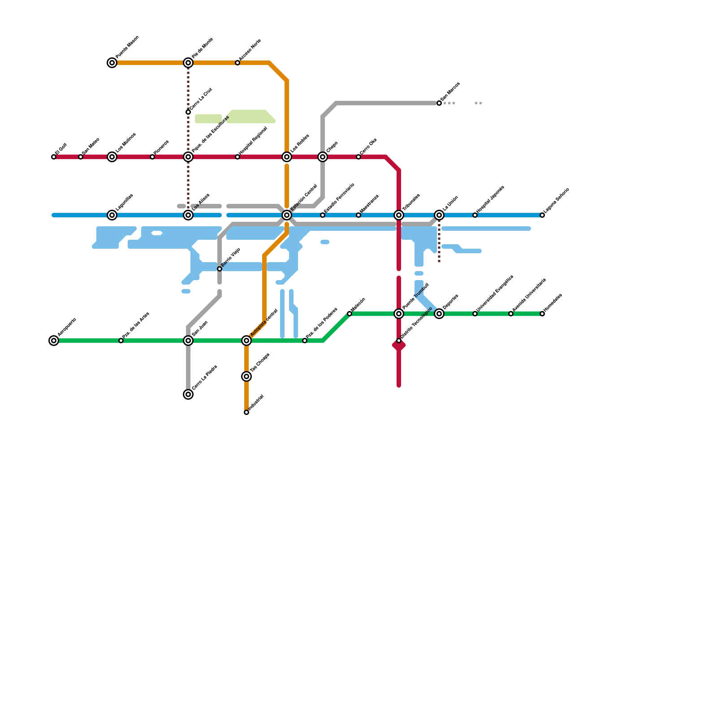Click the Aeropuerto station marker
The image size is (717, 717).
pos(54,341)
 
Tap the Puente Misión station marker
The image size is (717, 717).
pos(112,63)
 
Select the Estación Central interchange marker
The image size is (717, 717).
pos(287,215)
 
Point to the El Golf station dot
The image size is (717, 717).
pos(54,157)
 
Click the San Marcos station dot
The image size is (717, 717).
pos(439,103)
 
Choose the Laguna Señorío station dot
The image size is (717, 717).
pos(542,215)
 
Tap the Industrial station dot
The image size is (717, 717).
pos(246,412)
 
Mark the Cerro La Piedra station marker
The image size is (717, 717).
pos(188,394)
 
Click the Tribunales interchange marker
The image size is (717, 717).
pos(399,215)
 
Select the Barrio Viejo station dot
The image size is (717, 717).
pos(220,269)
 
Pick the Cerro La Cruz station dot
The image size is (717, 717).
pos(188,112)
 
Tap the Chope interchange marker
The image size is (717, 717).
pos(323,157)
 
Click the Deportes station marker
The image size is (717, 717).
pos(439,314)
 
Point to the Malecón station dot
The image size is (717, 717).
pos(350,314)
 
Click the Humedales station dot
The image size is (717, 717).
pos(542,314)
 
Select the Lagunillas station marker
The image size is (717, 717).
pos(112,215)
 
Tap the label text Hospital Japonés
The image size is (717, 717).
pos(490,199)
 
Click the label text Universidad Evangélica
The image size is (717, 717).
pos(495,293)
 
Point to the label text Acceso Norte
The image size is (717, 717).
pos(250,51)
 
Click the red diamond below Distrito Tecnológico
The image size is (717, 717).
pos(399,346)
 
